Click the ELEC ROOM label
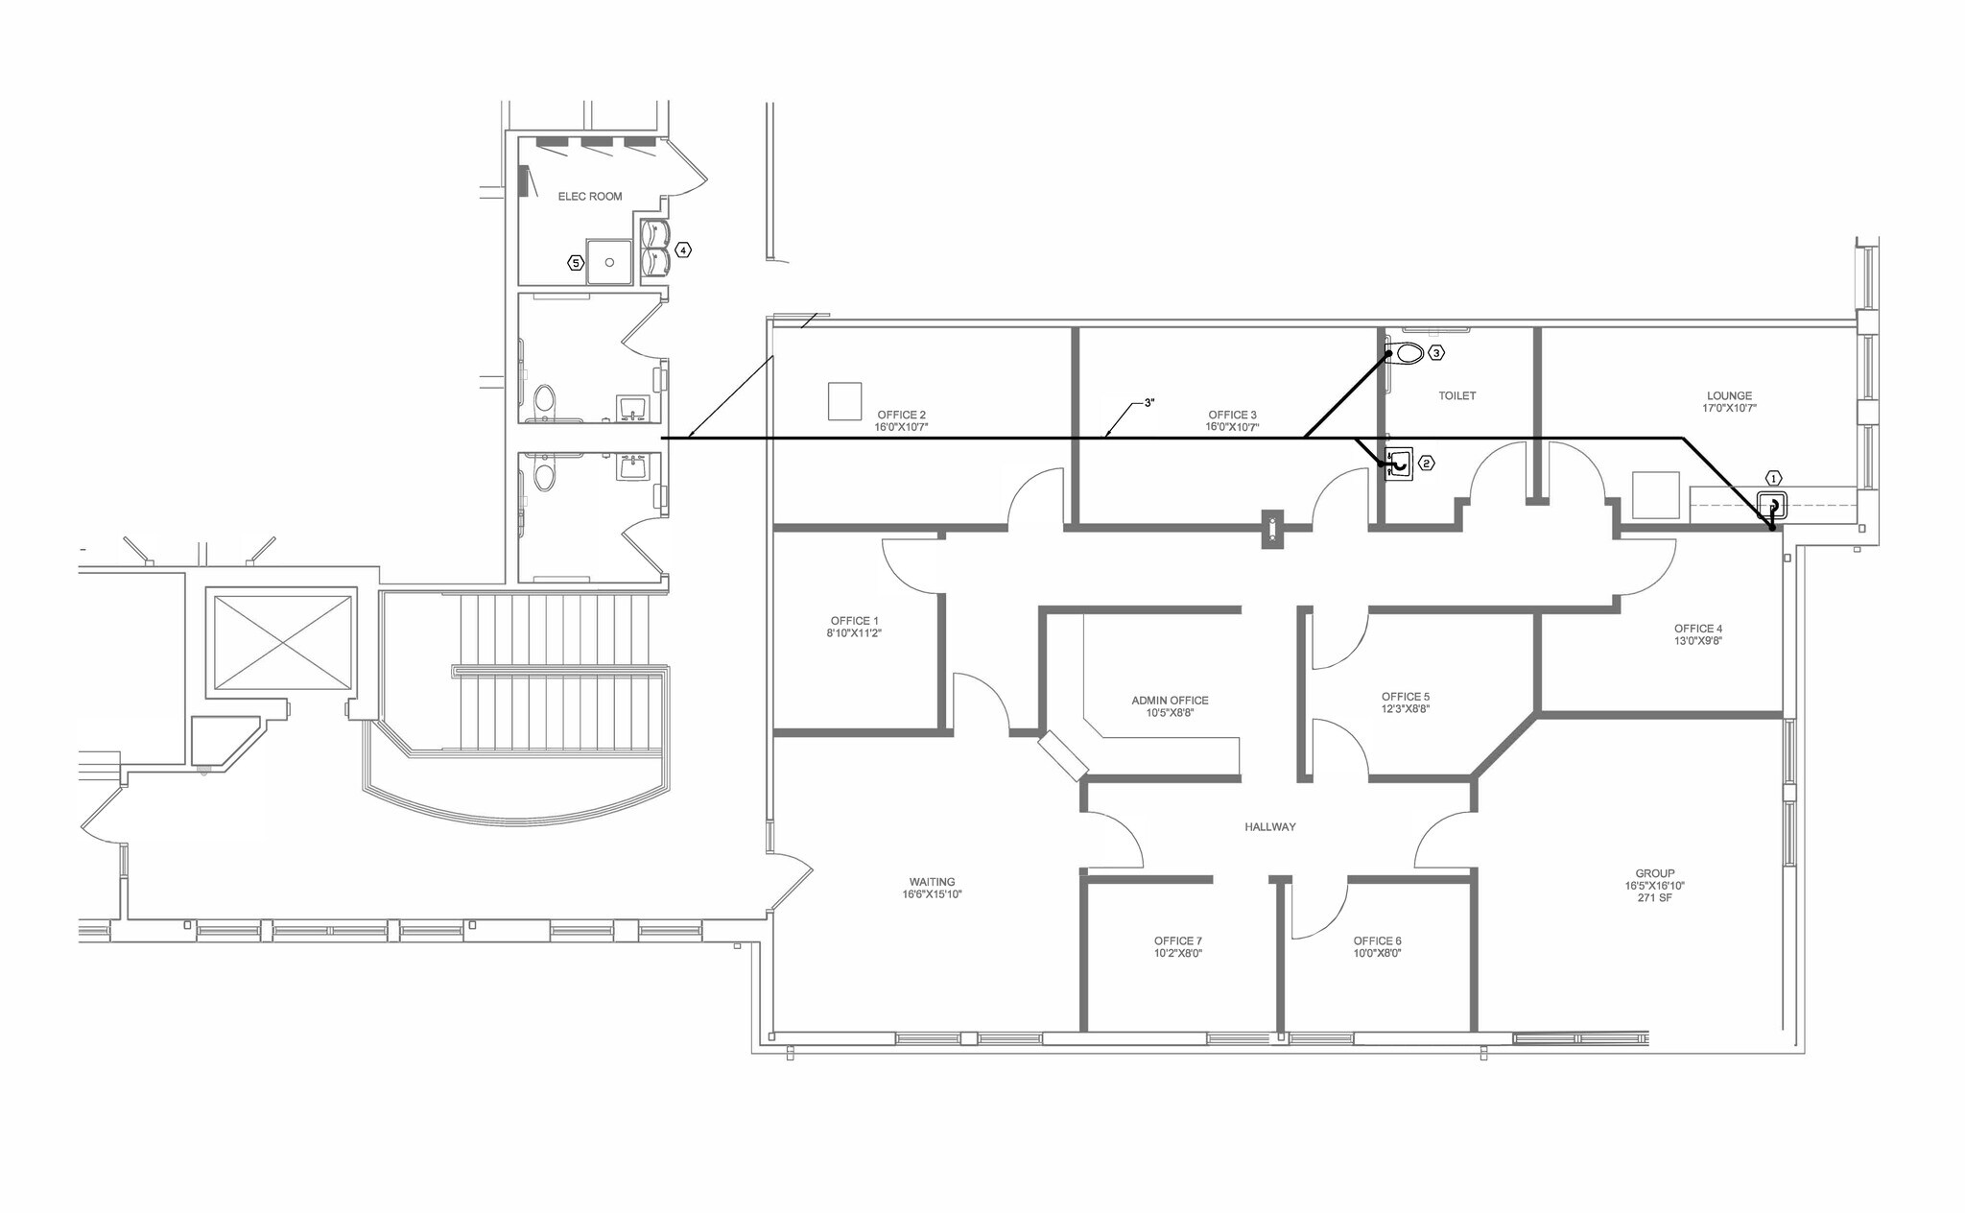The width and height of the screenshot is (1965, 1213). click(x=590, y=196)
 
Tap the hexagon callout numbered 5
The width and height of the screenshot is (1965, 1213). click(x=576, y=262)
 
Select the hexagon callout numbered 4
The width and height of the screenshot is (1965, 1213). click(x=682, y=250)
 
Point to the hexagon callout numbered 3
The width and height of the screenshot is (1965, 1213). click(x=1436, y=353)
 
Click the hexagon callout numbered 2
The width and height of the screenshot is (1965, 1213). click(x=1427, y=464)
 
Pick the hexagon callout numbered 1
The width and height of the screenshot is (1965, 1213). click(x=1773, y=478)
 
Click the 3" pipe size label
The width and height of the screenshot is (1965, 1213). click(x=1148, y=403)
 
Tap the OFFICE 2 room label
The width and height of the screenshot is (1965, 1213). click(x=901, y=415)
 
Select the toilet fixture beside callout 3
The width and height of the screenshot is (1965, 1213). click(x=1407, y=353)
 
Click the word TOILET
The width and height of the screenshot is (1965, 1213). click(x=1456, y=395)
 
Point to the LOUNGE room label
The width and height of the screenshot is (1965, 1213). click(x=1729, y=395)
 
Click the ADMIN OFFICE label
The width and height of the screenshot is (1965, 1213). click(x=1170, y=701)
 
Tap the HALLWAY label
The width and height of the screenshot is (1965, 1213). click(x=1269, y=826)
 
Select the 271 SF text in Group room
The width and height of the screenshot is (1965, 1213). click(x=1654, y=898)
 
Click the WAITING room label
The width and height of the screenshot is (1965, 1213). click(x=932, y=882)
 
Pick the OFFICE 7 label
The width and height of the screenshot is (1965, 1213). click(x=1177, y=941)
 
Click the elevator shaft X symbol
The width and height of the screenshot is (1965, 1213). click(x=282, y=642)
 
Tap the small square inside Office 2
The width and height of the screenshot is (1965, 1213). click(x=845, y=400)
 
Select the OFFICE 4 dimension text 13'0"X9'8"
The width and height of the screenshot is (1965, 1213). click(x=1697, y=641)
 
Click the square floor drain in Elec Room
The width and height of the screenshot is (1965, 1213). click(x=609, y=262)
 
